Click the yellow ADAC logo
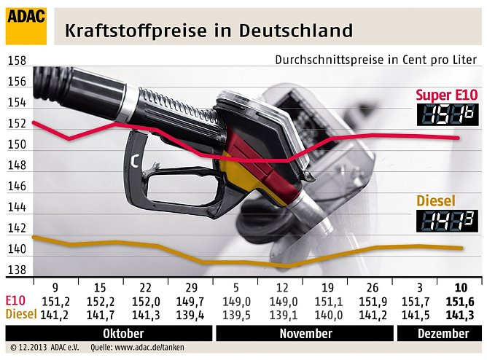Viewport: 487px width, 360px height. coord(26,26)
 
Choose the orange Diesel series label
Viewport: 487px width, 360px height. coord(435,200)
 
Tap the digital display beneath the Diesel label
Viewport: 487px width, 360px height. coord(448,221)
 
